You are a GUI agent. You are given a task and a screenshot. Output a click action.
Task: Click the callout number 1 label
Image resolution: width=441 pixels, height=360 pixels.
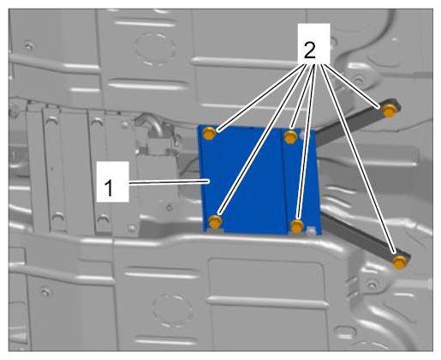(x=109, y=188)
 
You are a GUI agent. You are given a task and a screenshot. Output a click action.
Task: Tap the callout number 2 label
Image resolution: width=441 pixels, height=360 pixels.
(x=310, y=51)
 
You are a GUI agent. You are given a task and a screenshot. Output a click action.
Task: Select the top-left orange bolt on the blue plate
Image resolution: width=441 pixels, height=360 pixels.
(x=210, y=134)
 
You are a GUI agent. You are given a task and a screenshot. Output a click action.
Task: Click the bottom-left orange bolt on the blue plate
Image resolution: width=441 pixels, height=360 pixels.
(x=216, y=222)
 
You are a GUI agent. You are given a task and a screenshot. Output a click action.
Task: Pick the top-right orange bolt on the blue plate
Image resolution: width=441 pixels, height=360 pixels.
(x=290, y=136)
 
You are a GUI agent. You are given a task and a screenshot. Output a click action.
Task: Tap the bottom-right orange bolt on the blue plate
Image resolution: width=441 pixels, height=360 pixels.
(x=297, y=226)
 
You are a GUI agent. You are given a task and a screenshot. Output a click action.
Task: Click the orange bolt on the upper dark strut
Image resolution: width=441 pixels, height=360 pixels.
(x=390, y=111)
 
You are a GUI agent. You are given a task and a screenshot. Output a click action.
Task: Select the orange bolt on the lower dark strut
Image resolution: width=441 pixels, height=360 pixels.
(x=400, y=261)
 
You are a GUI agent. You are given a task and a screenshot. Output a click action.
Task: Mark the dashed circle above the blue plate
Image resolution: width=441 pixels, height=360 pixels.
(x=155, y=49)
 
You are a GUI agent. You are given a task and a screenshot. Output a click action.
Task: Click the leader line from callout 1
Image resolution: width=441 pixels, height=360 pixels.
(x=169, y=183)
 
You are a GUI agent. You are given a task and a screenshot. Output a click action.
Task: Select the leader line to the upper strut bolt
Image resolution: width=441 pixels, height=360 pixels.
(x=351, y=87)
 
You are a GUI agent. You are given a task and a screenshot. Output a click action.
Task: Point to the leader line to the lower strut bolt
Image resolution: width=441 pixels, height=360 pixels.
(x=359, y=159)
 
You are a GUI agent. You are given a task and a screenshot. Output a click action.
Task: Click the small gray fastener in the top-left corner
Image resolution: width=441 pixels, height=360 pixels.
(x=29, y=45)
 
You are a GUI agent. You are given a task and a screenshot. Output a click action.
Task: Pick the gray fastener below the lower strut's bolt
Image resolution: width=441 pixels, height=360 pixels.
(x=371, y=285)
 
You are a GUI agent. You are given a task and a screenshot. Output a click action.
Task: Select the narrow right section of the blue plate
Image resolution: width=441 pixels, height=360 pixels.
(x=302, y=182)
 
